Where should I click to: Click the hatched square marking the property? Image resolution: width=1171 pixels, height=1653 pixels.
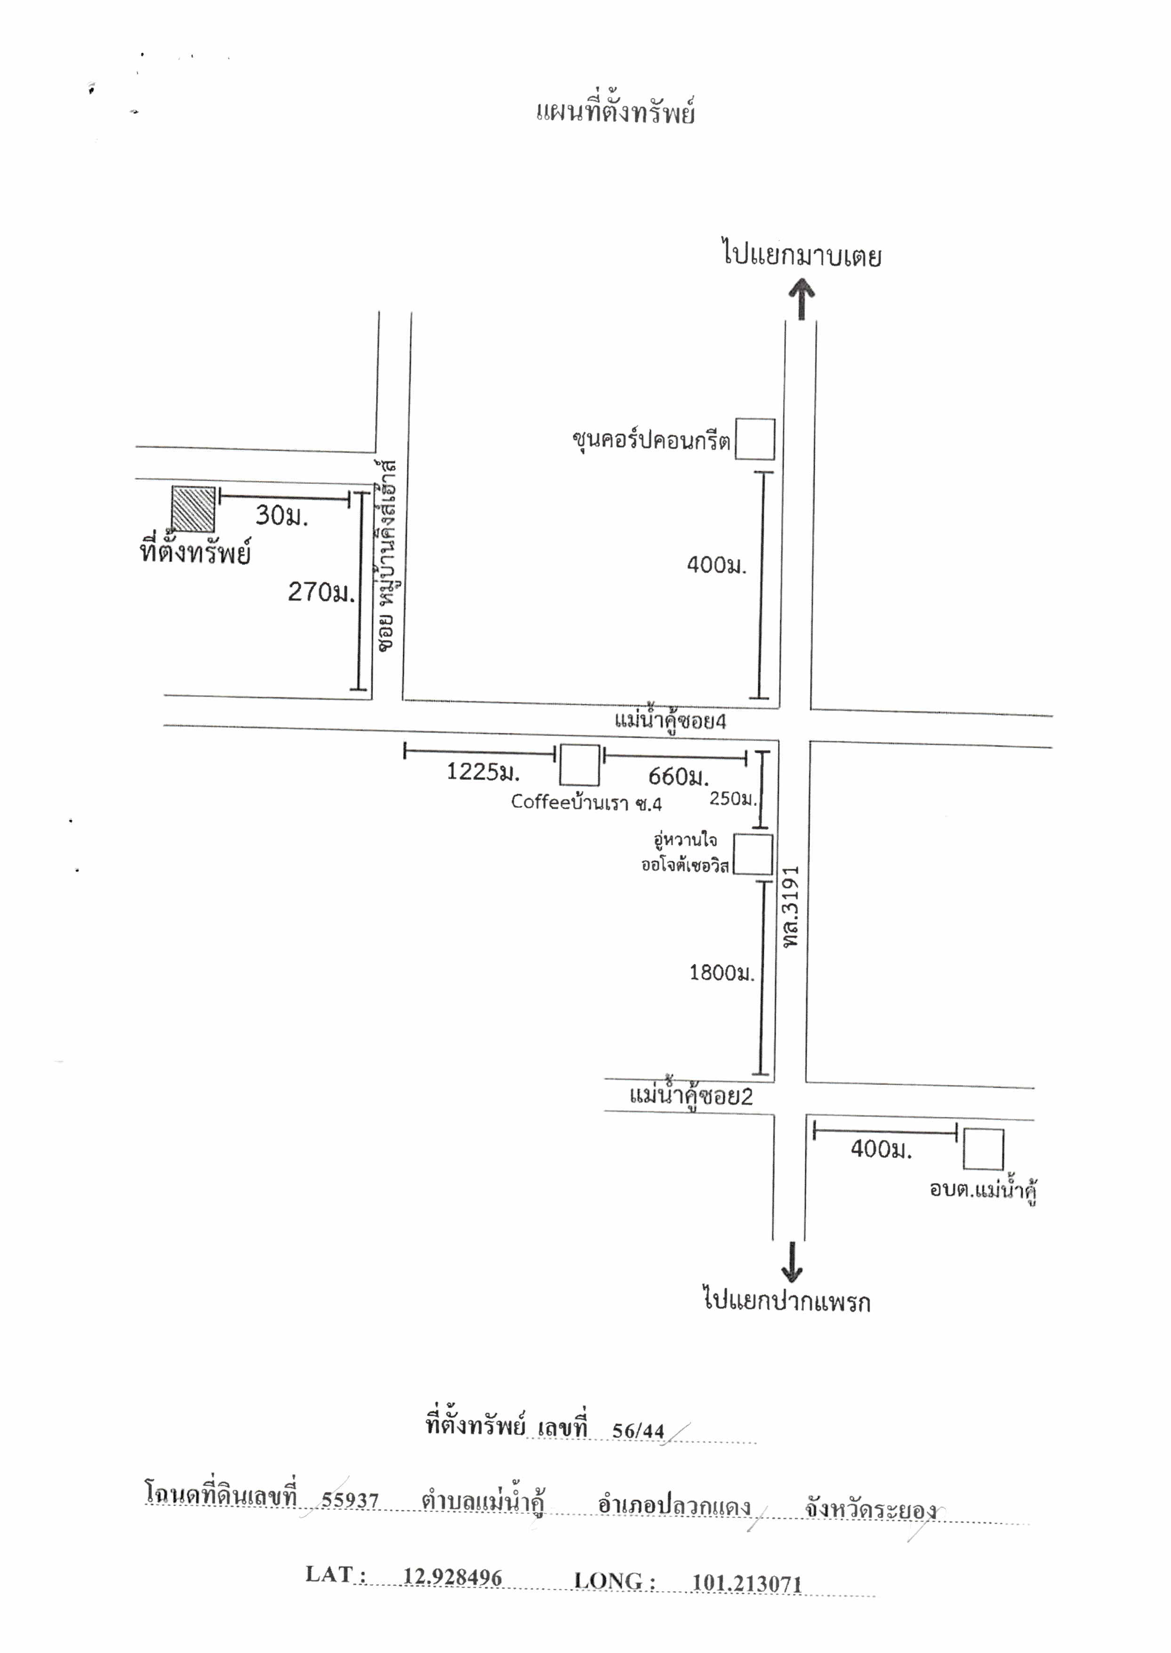click(x=193, y=509)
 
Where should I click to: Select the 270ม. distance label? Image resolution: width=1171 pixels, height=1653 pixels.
click(x=321, y=592)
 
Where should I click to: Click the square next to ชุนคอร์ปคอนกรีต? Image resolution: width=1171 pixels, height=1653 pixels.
click(x=755, y=439)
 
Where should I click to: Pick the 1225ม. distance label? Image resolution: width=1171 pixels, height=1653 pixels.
click(x=482, y=772)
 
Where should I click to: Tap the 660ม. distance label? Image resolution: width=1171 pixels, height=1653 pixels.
click(x=678, y=777)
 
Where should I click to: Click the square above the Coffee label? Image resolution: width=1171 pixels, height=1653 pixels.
click(x=580, y=765)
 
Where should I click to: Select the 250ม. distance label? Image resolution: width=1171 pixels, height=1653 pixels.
click(x=733, y=799)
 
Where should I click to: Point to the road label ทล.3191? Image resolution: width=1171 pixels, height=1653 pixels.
click(x=791, y=907)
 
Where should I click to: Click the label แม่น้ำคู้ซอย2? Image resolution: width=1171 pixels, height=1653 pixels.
click(x=691, y=1096)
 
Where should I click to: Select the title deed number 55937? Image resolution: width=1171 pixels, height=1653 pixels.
click(x=350, y=1500)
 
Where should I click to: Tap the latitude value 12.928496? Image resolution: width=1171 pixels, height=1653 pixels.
click(x=452, y=1577)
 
